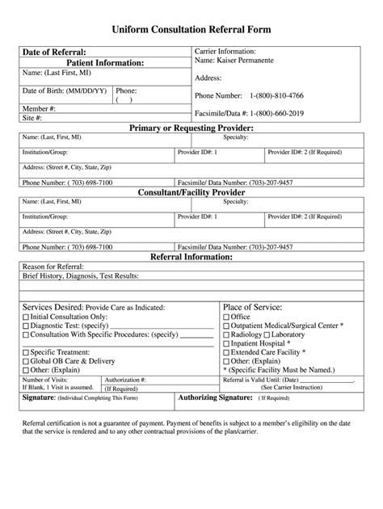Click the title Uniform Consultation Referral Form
[191, 28]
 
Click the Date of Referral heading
[54, 53]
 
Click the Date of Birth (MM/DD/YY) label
[63, 91]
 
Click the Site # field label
[32, 117]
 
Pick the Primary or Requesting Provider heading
[191, 128]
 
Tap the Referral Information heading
[191, 256]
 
